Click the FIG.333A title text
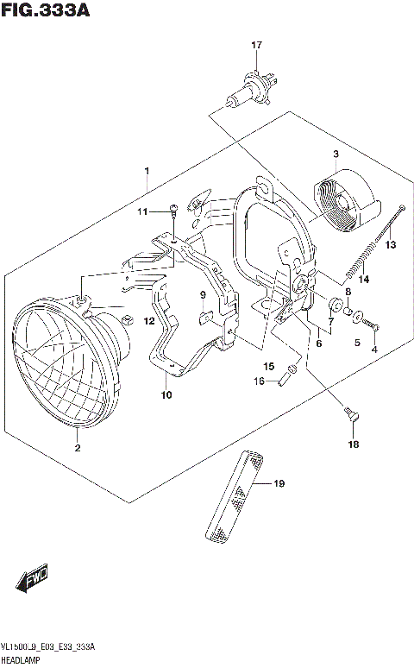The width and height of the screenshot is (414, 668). point(44,10)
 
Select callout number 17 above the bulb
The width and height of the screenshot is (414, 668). point(255,45)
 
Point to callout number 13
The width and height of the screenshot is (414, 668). point(391,245)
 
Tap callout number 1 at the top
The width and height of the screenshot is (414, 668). point(147,171)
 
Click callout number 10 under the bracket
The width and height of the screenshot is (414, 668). point(166,395)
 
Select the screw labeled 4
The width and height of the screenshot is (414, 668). point(373,325)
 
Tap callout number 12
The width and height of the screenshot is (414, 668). point(148,321)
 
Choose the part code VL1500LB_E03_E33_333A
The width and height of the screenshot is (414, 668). point(47,646)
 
